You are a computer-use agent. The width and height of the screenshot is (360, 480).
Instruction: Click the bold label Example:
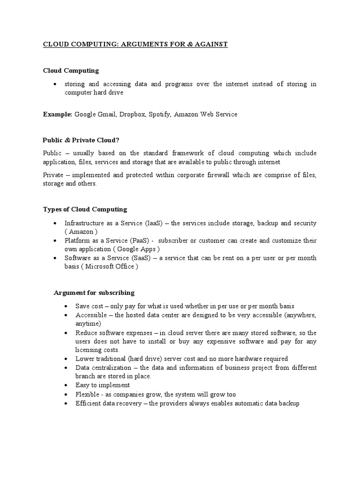58,114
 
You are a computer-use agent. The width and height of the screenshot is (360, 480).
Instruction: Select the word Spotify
160,114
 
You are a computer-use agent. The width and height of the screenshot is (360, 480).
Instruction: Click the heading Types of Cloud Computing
85,209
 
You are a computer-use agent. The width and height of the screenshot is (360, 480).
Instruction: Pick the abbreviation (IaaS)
148,223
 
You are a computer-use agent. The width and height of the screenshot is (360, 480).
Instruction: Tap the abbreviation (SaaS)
134,258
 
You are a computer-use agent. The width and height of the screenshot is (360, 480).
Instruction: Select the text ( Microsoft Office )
111,266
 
